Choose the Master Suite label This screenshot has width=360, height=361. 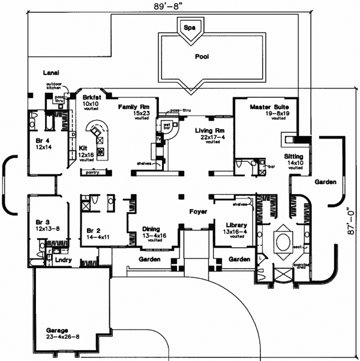270,107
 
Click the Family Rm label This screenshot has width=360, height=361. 129,106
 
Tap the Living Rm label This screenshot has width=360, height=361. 209,130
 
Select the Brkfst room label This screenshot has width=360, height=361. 91,97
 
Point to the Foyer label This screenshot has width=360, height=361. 199,211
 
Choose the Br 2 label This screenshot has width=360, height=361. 93,230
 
